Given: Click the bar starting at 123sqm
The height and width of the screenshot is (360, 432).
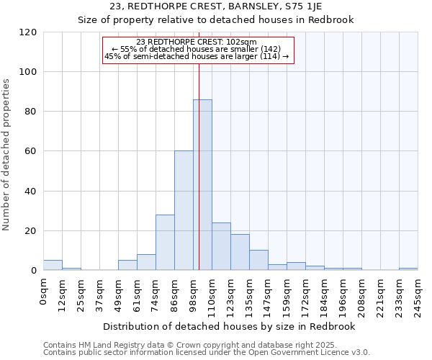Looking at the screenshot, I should tap(240, 252).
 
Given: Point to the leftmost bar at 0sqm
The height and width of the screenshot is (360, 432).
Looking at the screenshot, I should tap(53, 265).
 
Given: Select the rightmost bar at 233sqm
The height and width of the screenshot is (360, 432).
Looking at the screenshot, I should tap(408, 269).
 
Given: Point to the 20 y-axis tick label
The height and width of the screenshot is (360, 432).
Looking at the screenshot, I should tap(31, 231).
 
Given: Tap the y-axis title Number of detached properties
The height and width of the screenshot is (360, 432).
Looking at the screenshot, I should tap(6, 156).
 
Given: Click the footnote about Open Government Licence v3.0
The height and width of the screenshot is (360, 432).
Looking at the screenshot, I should tap(207, 353).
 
